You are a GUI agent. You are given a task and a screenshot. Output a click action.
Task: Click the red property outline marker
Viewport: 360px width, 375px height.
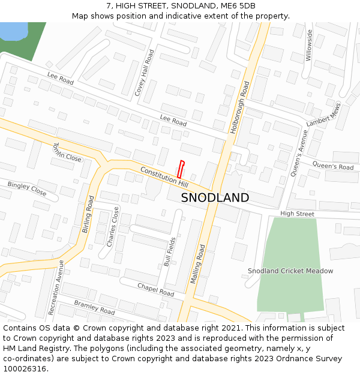point(181,169)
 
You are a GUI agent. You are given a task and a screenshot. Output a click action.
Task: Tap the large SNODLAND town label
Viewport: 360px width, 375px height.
point(215,197)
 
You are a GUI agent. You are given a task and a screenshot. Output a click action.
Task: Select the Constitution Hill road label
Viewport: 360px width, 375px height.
point(164,175)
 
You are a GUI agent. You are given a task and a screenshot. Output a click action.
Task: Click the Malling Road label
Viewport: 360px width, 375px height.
point(199,263)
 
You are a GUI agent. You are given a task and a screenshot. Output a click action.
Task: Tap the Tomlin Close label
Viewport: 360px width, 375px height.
point(67,152)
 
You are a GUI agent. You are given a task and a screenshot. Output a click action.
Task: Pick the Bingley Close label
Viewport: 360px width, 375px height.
point(26,189)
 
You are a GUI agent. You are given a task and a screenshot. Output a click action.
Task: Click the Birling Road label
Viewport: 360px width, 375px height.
point(88,214)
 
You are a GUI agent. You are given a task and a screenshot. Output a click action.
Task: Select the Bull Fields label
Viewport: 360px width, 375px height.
point(170,252)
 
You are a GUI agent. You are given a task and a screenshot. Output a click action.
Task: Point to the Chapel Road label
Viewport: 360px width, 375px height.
point(155,290)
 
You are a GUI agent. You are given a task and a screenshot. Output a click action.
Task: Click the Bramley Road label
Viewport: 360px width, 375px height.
point(94,308)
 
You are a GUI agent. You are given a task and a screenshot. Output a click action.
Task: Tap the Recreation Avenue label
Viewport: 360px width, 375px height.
point(56,287)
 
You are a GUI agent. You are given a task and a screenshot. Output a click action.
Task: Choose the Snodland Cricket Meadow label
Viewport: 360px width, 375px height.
point(290,271)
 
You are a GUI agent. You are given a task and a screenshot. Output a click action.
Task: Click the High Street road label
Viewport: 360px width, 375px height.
point(297,214)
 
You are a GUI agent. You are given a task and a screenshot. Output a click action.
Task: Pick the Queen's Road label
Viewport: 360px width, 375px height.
point(333,166)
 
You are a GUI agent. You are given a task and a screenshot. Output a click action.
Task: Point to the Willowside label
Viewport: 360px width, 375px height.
point(309,45)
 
